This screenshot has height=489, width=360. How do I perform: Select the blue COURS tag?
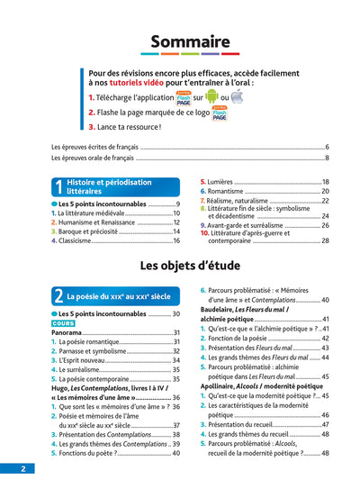click(63, 322)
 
